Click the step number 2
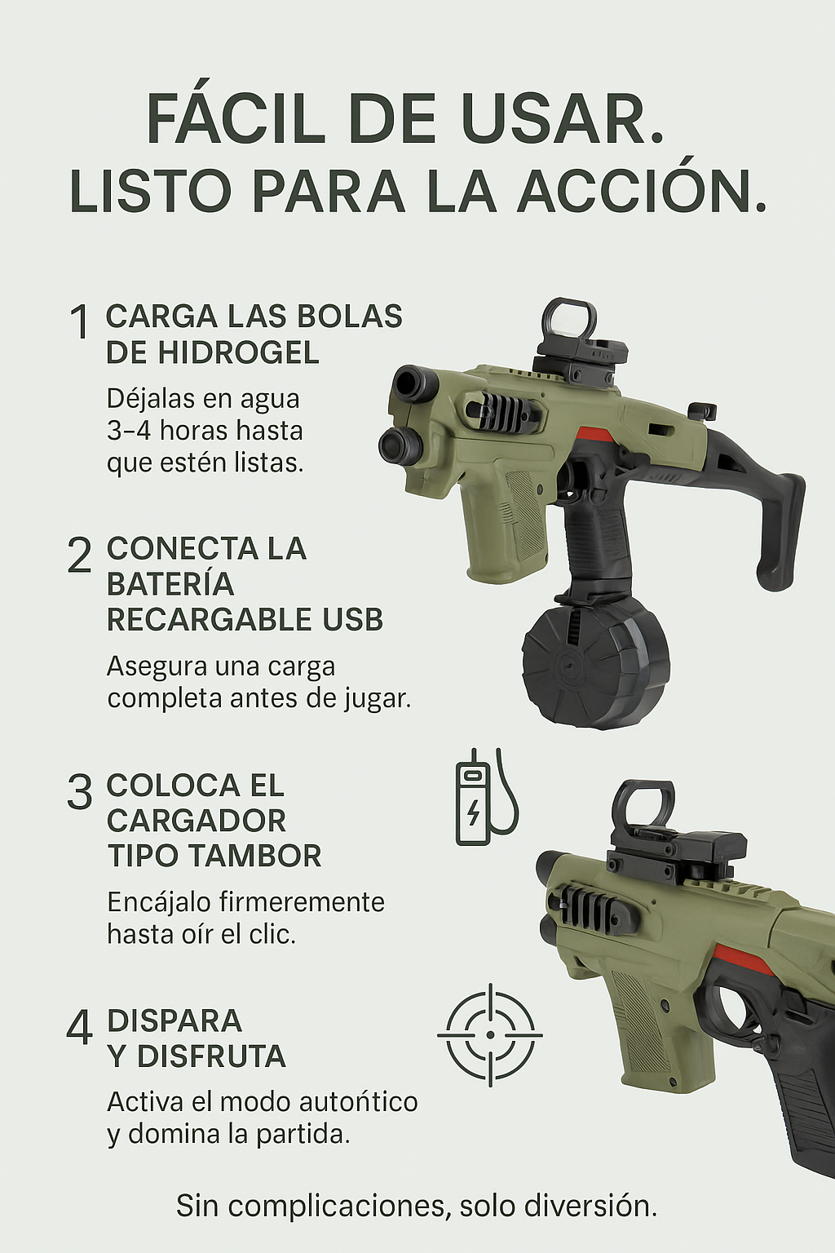[79, 555]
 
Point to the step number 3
[79, 791]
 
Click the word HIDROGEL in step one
[238, 353]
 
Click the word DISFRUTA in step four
[211, 1056]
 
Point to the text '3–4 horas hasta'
[205, 431]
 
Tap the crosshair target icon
[490, 1035]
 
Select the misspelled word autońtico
[359, 1103]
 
